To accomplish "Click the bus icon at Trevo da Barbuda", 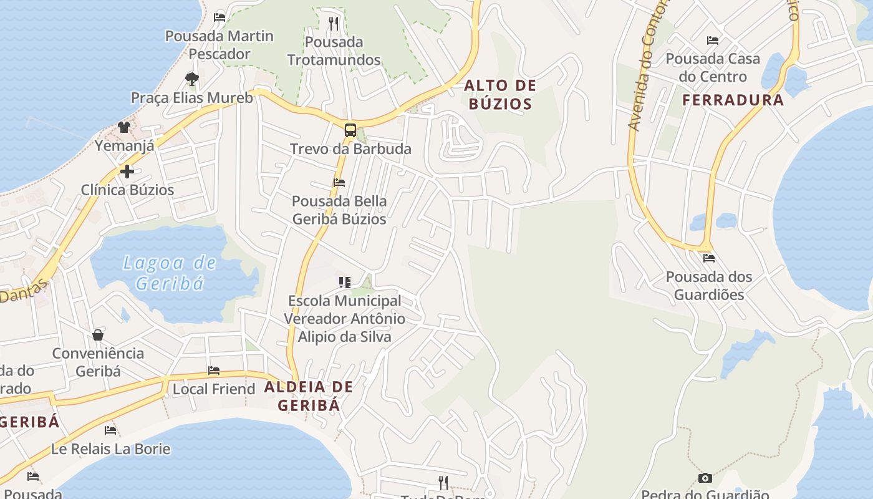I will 350,130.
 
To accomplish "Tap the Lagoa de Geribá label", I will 169,273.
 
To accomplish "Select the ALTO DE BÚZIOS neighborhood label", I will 500,94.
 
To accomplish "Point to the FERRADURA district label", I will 733,100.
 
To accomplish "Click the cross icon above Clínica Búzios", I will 127,171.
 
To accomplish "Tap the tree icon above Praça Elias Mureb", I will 192,79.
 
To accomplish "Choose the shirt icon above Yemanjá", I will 124,127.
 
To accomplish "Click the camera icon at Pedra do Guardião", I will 705,478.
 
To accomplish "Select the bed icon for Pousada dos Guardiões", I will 709,258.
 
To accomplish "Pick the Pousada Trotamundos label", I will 334,51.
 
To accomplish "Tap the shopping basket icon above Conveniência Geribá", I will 98,335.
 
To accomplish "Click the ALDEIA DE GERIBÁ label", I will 309,396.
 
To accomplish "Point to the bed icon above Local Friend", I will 214,371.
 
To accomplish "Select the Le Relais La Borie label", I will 110,449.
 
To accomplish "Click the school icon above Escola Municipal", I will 345,283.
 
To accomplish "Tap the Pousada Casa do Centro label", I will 713,67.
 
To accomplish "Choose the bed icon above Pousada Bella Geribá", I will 339,183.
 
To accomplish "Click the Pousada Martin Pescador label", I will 219,45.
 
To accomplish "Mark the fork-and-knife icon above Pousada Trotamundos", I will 334,24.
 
